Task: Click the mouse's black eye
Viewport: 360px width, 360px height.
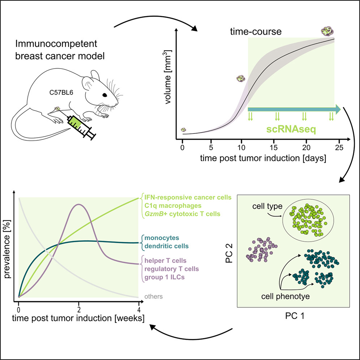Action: coord(104,95)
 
